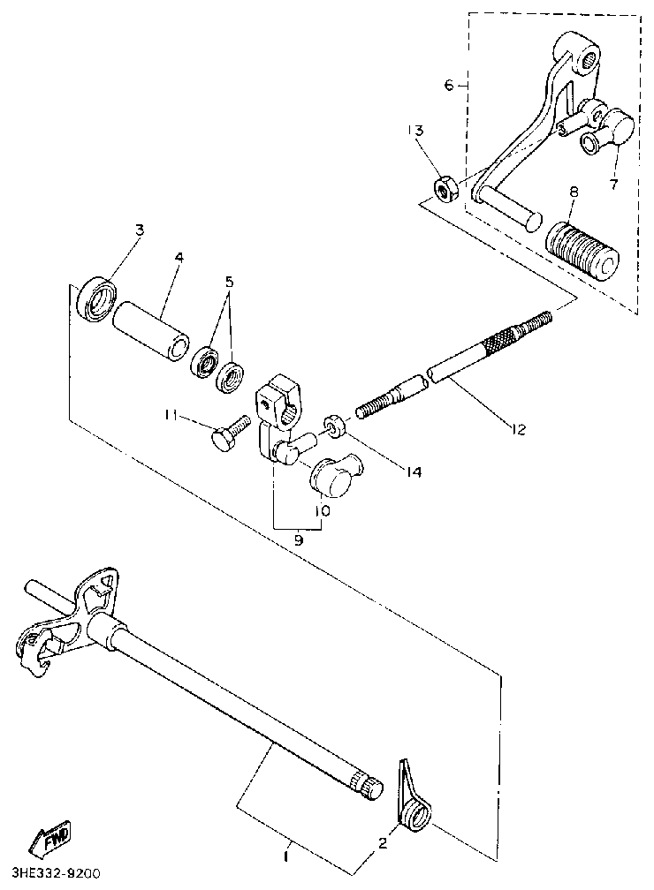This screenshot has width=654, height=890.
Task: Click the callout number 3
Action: click(139, 230)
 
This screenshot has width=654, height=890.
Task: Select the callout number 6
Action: click(449, 85)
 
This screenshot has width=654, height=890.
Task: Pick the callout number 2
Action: click(383, 843)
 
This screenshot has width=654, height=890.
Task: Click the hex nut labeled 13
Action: click(445, 187)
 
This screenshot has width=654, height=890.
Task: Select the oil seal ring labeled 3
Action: click(95, 298)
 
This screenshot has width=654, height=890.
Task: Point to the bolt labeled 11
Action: click(229, 434)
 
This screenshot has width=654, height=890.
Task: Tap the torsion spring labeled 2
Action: click(414, 803)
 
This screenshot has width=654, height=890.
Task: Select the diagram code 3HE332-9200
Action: click(50, 874)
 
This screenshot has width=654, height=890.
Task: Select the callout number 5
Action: click(229, 283)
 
